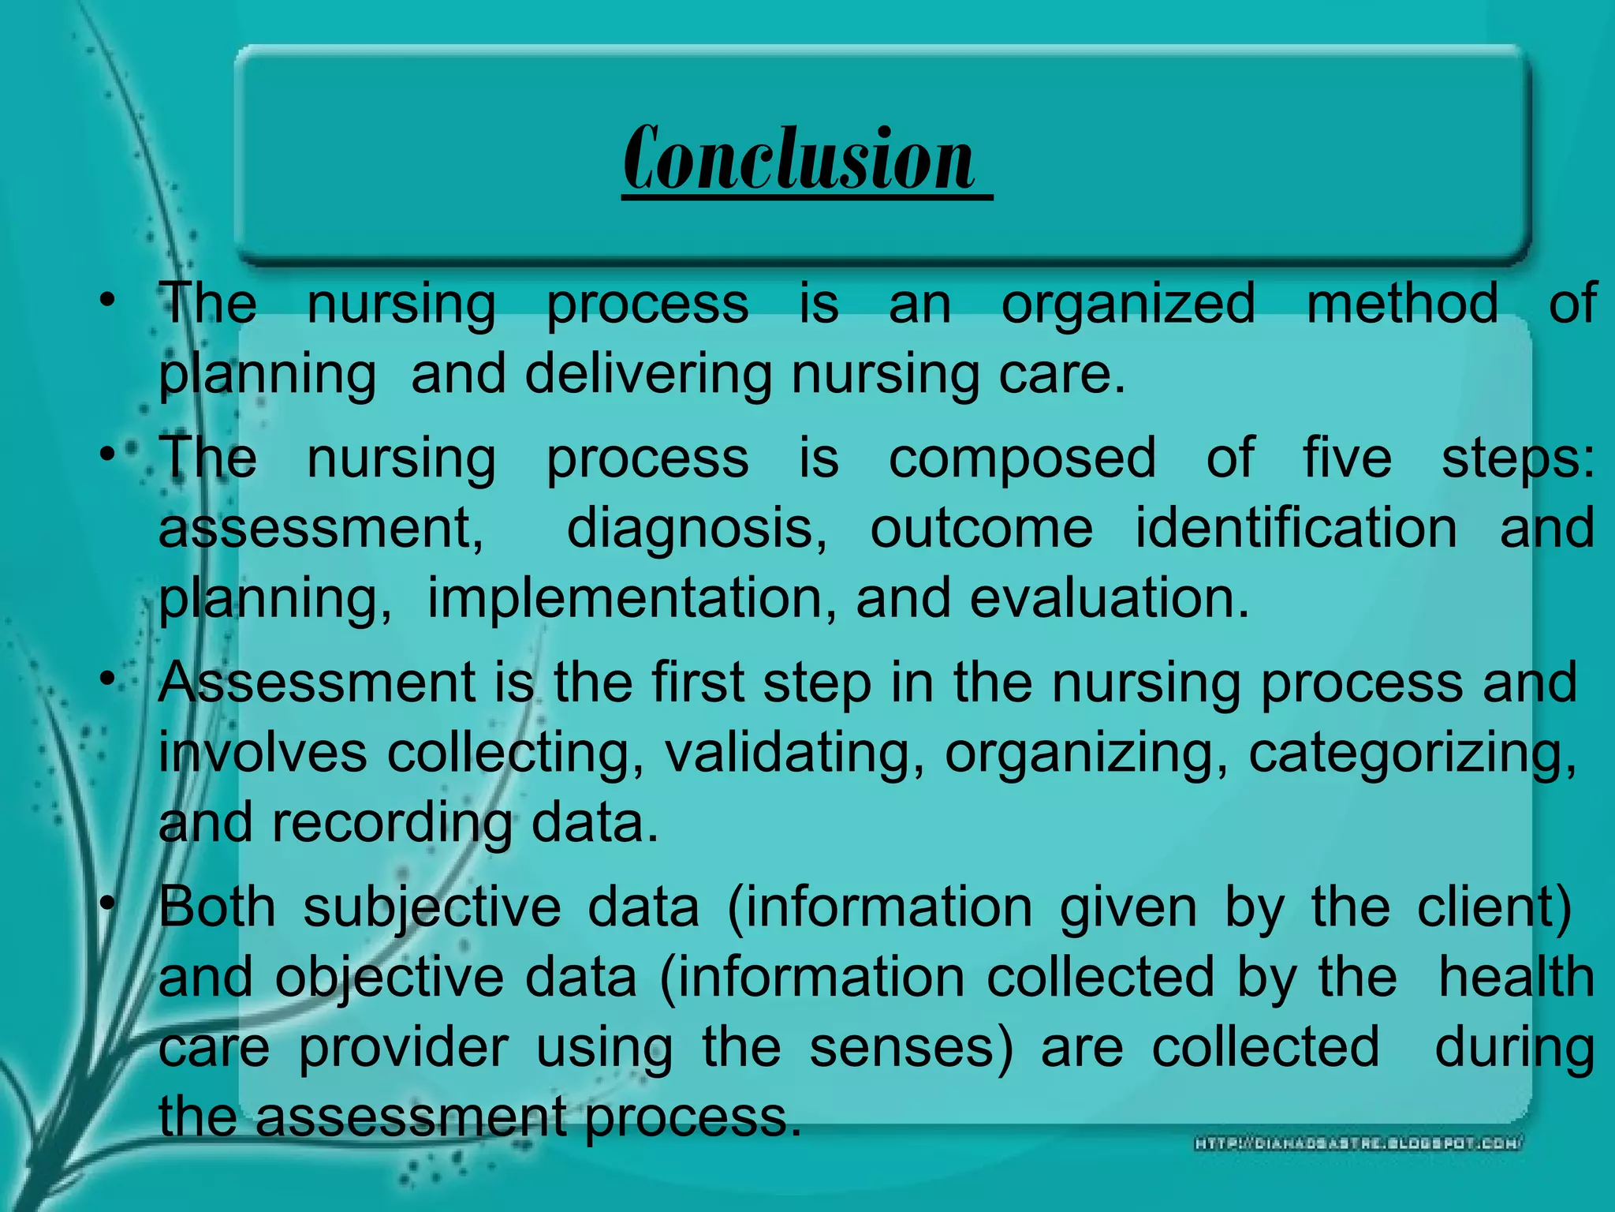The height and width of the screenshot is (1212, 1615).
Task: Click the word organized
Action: pos(1128,305)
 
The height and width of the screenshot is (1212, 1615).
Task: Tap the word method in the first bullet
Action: pos(1402,303)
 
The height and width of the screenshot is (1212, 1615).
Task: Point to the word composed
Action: pos(1022,458)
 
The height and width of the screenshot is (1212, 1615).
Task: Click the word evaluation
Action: pos(1109,598)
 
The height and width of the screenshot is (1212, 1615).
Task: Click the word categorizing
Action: pos(1412,753)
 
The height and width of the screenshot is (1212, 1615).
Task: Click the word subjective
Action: pos(432,907)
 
